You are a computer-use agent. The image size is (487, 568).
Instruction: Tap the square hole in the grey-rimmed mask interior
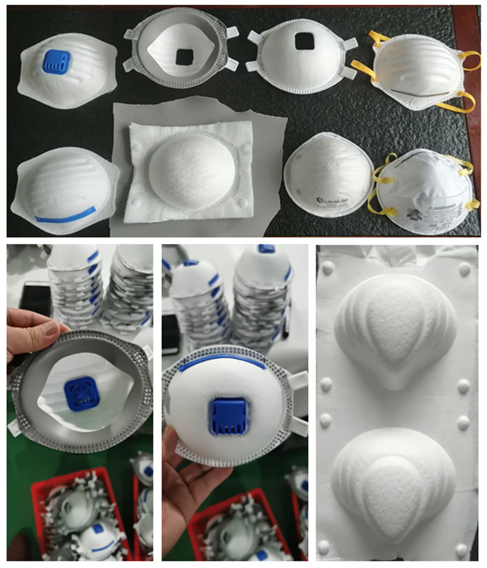click(x=183, y=57)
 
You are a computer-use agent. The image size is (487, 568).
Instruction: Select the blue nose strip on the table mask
click(x=65, y=213)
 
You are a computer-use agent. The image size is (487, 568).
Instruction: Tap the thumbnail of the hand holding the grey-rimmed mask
click(x=79, y=401)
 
